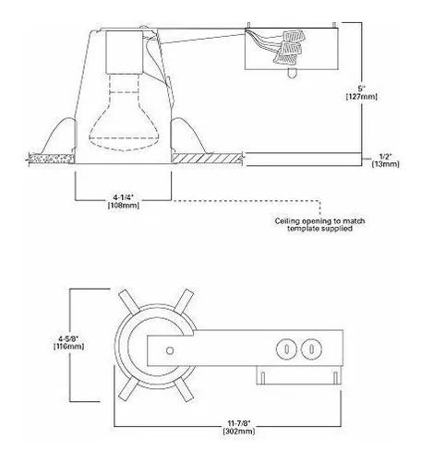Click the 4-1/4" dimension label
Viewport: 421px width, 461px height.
[124, 196]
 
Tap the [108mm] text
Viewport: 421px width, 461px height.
[124, 205]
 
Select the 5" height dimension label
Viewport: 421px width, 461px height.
[361, 89]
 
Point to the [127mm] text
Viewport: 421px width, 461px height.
[362, 97]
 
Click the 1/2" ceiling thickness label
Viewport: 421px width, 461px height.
[385, 156]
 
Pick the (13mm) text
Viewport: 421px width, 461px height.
[386, 164]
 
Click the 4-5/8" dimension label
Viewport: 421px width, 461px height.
[68, 338]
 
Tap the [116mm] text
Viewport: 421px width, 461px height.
[68, 347]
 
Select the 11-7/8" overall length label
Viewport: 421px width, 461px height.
[239, 423]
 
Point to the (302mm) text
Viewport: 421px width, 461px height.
[239, 431]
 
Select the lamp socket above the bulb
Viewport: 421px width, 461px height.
[125, 52]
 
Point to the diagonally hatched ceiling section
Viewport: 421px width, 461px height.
[207, 159]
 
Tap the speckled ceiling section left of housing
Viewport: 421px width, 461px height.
[52, 159]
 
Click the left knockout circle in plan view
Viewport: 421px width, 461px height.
[286, 349]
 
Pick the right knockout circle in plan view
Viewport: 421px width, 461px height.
[311, 349]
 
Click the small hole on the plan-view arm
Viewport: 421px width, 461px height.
[170, 350]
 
